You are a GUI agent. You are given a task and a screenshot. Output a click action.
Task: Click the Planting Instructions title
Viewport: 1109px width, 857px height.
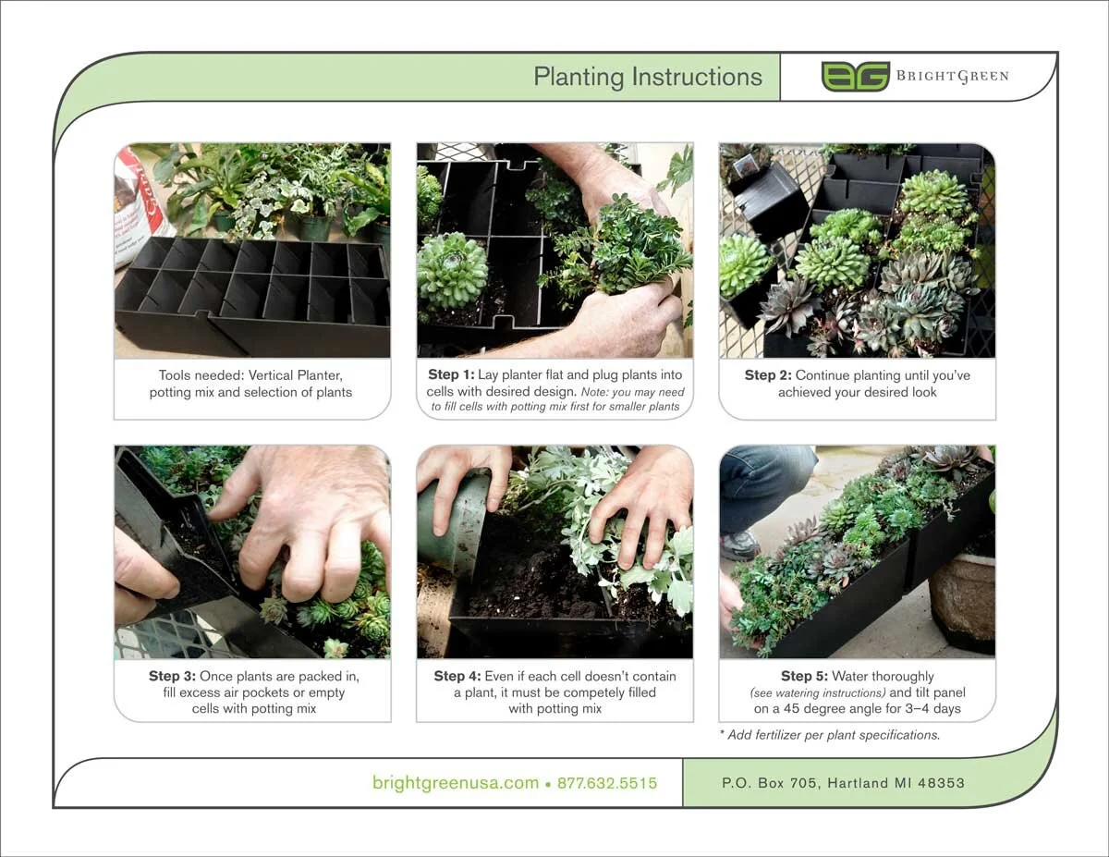pos(648,77)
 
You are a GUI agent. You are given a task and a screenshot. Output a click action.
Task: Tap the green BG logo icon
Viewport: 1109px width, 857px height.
pos(855,77)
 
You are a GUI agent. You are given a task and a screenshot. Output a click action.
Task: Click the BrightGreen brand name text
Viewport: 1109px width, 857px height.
pos(952,77)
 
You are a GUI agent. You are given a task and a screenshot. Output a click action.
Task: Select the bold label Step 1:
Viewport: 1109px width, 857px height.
pos(451,375)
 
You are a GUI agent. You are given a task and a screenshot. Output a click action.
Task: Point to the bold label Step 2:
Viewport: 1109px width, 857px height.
pos(768,375)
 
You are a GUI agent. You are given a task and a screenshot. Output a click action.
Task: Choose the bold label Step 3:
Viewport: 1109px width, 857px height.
pos(172,676)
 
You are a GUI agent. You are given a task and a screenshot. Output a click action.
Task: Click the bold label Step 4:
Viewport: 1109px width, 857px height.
pos(457,676)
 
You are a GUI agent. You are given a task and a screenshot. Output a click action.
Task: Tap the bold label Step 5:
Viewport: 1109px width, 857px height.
pos(804,676)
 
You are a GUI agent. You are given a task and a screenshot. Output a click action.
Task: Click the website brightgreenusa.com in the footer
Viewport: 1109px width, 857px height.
pos(456,783)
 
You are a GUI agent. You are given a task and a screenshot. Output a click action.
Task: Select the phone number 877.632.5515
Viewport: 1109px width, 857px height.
pos(607,783)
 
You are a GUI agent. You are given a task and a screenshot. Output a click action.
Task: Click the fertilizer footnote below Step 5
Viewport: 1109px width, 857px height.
pos(829,736)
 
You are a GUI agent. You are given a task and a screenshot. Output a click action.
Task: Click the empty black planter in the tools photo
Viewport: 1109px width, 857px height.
pos(251,296)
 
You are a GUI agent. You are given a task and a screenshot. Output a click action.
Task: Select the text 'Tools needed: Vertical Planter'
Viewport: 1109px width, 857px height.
pos(251,375)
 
